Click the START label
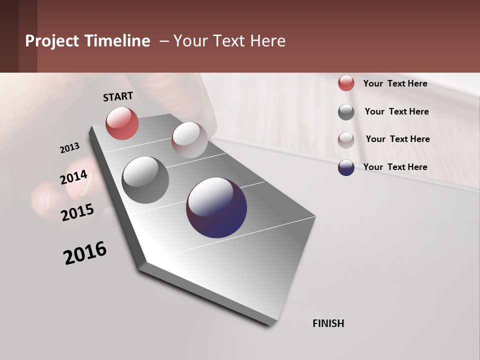118,96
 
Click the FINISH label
328,323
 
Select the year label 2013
69,148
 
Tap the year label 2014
74,177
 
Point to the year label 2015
77,212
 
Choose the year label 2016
85,253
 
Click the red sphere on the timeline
122,123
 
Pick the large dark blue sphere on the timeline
216,207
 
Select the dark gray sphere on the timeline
145,180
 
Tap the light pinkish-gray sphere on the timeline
189,140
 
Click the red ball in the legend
346,83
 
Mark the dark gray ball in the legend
346,112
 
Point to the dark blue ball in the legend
346,167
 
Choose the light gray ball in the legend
346,140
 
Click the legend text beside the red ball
395,84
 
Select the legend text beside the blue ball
395,167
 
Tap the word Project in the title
51,41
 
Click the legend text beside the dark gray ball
396,111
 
